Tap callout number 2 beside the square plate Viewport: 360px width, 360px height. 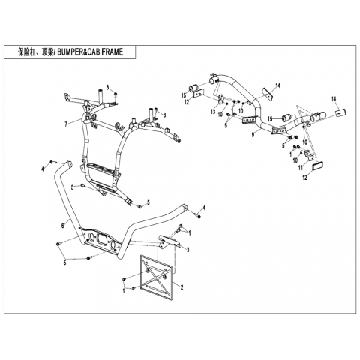(x=181, y=287)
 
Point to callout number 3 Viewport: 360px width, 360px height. (x=188, y=249)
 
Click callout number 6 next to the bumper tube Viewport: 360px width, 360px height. (x=63, y=226)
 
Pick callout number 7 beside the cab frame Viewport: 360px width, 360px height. (x=66, y=124)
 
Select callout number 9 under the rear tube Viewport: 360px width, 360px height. (x=253, y=135)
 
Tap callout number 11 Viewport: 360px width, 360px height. (x=301, y=168)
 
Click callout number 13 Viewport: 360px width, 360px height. (x=213, y=112)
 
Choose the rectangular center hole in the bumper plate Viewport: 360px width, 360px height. (x=102, y=238)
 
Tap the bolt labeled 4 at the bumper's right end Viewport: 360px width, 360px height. (x=198, y=215)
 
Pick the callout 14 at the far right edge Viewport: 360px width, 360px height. (x=334, y=99)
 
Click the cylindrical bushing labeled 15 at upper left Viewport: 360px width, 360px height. (x=193, y=88)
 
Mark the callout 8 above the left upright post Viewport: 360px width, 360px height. (x=108, y=87)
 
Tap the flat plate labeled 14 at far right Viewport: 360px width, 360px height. (x=340, y=112)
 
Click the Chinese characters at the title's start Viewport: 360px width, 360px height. (x=35, y=52)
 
